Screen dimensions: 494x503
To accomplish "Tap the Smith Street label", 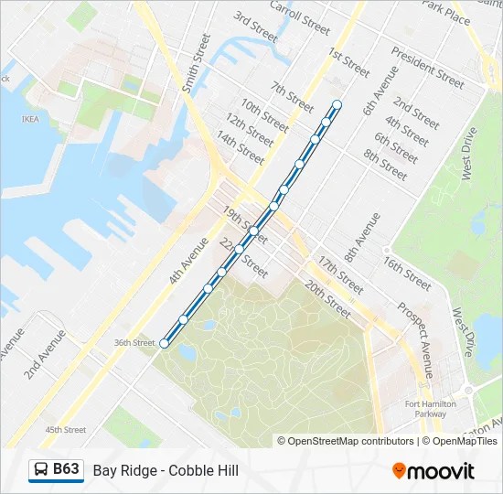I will [196, 63].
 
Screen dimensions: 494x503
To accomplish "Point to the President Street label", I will [427, 63].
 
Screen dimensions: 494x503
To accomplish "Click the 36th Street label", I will [134, 343].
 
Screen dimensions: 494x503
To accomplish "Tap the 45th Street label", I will [66, 429].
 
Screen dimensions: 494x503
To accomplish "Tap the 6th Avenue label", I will [380, 90].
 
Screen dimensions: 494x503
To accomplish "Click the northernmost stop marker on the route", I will [337, 104].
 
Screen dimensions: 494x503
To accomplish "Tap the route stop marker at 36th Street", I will [165, 343].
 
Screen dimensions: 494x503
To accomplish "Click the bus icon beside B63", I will [41, 470].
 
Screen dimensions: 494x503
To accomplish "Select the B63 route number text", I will [66, 469].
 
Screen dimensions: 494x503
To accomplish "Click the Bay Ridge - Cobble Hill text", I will [166, 470].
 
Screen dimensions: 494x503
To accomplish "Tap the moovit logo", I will [433, 471].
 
